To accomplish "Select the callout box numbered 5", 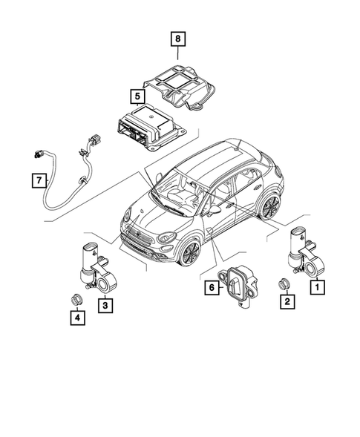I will (x=137, y=96).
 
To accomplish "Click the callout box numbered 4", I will (x=76, y=318).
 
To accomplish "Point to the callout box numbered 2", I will (x=284, y=301).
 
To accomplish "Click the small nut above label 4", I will (x=76, y=298).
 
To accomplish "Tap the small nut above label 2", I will (x=284, y=283).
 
